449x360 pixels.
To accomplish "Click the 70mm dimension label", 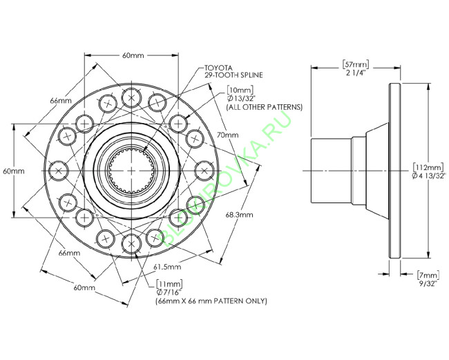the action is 228,135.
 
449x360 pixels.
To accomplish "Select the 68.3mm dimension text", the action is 240,214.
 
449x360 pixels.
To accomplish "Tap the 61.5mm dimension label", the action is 167,267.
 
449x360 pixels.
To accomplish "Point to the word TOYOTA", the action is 218,68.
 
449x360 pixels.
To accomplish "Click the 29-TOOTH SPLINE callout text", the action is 233,75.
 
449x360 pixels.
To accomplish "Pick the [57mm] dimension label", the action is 356,64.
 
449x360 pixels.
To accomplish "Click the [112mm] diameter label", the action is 428,167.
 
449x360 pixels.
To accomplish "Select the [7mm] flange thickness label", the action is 428,275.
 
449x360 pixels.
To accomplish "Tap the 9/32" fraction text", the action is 428,283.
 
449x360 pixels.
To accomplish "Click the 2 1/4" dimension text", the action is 356,73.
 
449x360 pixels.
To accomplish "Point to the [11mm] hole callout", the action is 169,284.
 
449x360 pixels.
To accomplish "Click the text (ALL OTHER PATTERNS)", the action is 265,107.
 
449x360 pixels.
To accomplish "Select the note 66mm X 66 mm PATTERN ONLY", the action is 211,301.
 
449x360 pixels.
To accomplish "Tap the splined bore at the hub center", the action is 131,171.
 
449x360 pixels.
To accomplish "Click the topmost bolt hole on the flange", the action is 131,97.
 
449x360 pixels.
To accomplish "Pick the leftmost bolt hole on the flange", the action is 58,171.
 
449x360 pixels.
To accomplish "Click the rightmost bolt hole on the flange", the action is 204,171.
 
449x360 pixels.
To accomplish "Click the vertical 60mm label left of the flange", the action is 13,171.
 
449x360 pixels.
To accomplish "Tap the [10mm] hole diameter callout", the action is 240,91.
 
